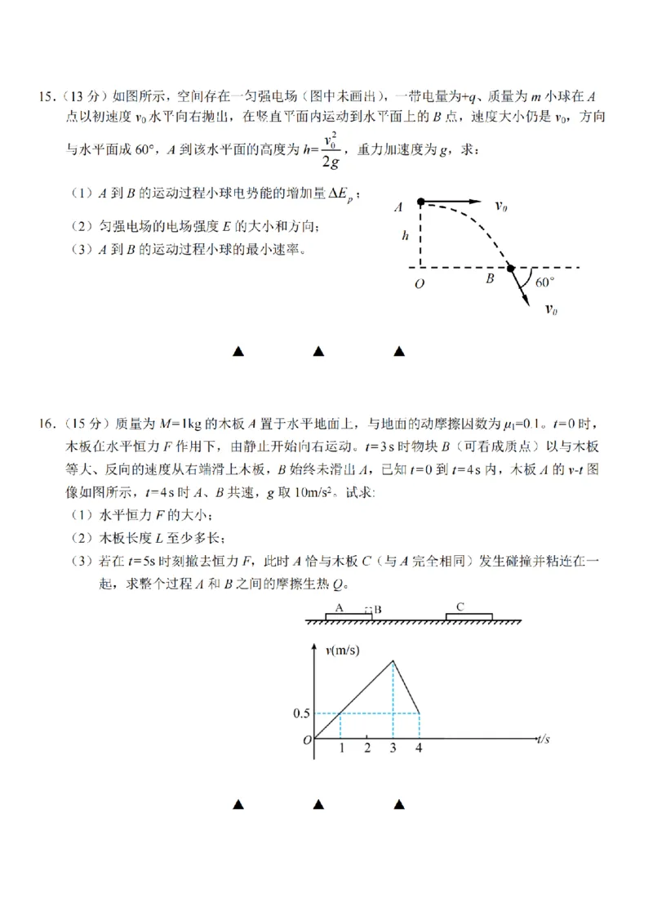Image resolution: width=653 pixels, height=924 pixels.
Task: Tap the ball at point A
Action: click(420, 201)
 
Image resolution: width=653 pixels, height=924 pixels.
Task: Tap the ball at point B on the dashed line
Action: click(510, 267)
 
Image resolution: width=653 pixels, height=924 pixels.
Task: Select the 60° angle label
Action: click(544, 282)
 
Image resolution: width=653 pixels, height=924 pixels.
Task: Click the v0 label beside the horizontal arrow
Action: click(501, 207)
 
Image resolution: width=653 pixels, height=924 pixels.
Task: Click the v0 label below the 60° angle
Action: click(551, 309)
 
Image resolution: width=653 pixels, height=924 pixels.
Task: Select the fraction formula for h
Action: click(330, 150)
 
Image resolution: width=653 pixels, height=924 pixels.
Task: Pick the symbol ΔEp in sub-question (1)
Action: click(342, 194)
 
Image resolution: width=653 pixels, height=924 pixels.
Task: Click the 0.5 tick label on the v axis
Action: click(301, 713)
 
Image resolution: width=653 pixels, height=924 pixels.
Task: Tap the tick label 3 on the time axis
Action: click(393, 748)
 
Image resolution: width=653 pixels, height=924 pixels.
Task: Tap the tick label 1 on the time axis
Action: click(340, 748)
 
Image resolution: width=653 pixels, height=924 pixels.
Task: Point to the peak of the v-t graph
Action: click(393, 660)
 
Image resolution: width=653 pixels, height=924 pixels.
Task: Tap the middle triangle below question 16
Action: click(318, 805)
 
